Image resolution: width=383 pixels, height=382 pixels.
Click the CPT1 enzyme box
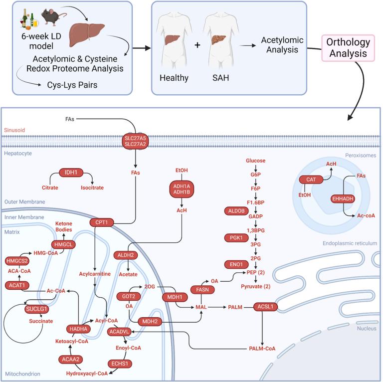tap(102, 222)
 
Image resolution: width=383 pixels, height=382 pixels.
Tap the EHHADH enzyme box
tap(343, 198)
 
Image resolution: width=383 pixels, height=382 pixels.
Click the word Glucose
tap(255, 161)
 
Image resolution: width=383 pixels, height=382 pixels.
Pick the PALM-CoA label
tap(262, 348)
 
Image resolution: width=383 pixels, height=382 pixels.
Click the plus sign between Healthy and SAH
tap(196, 45)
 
